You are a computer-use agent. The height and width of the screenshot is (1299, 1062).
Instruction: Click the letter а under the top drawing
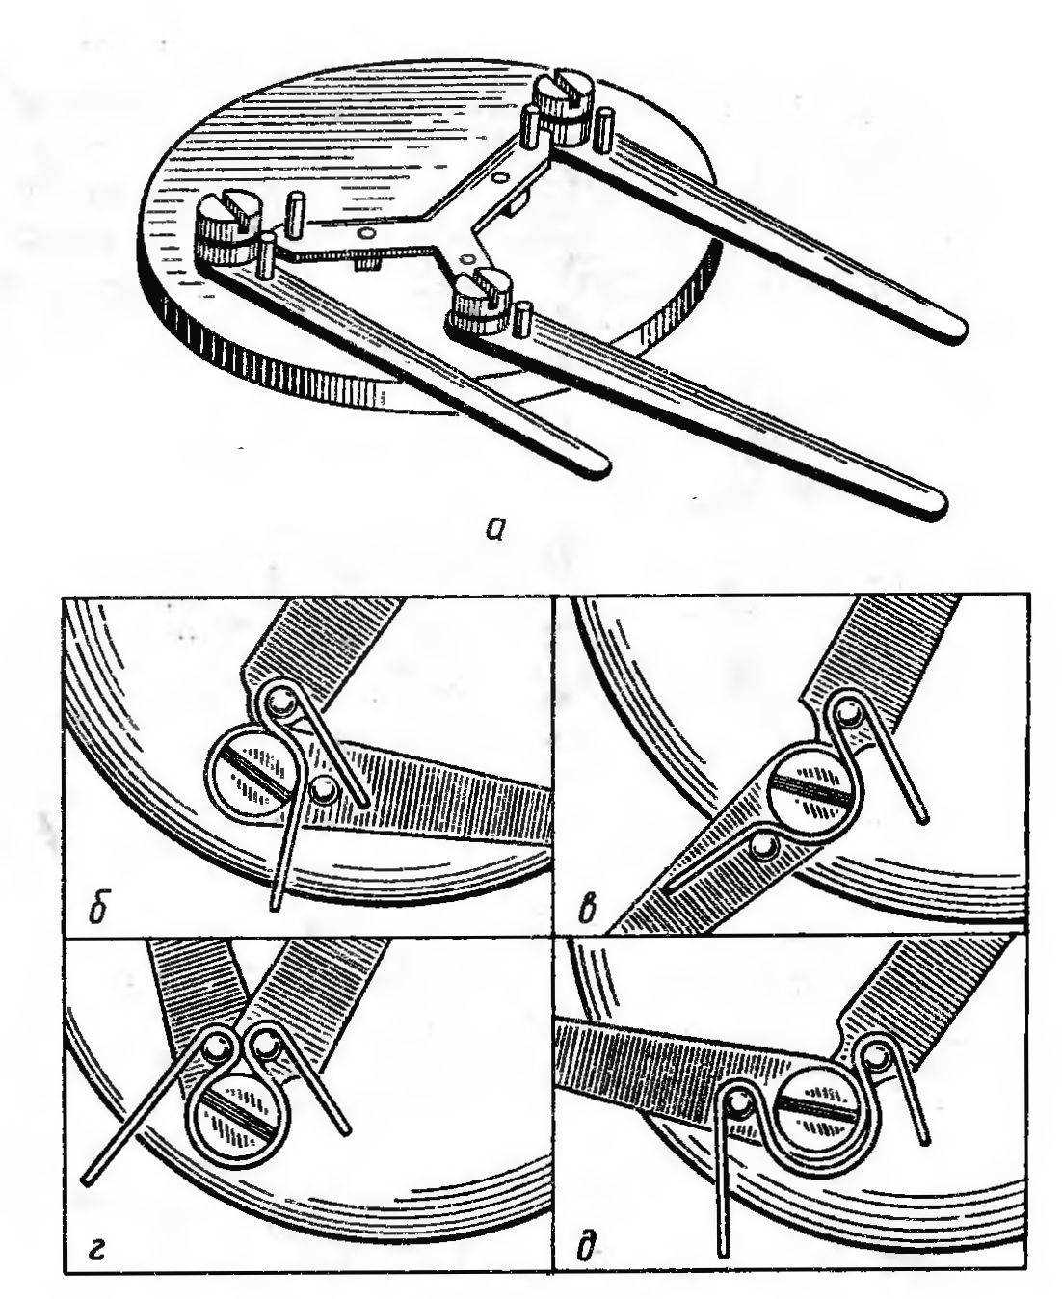point(496,529)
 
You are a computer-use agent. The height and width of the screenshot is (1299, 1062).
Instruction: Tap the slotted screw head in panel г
point(235,1117)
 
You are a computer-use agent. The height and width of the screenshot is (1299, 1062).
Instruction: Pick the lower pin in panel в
point(766,849)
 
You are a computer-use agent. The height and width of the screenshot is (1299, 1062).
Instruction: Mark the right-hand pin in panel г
point(266,1044)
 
